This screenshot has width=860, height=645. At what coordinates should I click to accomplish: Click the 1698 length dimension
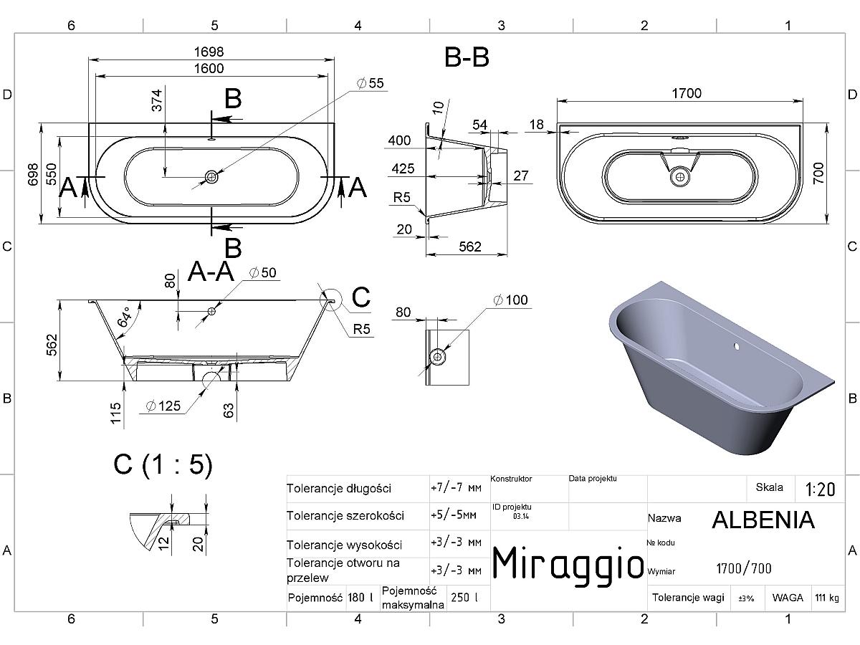[209, 52]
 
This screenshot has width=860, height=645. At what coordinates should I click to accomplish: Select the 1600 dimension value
[209, 69]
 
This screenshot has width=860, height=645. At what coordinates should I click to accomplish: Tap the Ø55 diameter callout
[371, 83]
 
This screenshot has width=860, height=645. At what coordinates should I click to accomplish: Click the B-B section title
[467, 57]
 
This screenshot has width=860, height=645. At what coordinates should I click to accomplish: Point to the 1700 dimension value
[687, 93]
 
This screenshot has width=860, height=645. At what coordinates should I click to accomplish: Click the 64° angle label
[125, 317]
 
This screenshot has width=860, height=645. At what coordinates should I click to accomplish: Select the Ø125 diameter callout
[163, 406]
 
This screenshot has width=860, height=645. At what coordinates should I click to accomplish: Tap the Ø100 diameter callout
[510, 300]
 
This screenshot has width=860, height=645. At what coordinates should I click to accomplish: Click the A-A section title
[211, 271]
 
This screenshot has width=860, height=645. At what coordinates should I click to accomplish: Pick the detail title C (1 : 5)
[163, 465]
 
